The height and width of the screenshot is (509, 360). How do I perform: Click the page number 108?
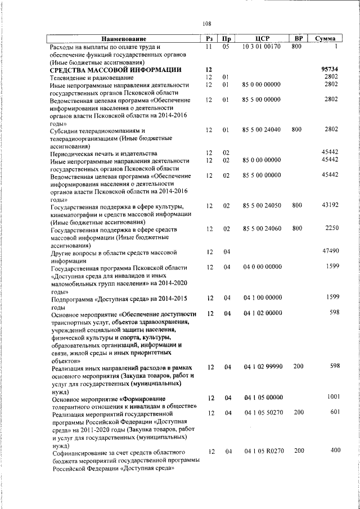click(x=207, y=24)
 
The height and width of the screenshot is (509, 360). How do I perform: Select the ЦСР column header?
click(x=263, y=39)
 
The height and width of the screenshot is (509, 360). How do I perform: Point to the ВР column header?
click(x=299, y=39)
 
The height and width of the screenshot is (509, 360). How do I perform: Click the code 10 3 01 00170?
click(x=262, y=47)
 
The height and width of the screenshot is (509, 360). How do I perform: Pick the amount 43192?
click(x=329, y=206)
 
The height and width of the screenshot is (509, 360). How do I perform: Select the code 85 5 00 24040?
click(x=262, y=129)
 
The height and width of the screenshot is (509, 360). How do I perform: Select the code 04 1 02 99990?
click(x=263, y=367)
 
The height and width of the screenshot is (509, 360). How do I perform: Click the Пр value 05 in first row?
click(x=226, y=47)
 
